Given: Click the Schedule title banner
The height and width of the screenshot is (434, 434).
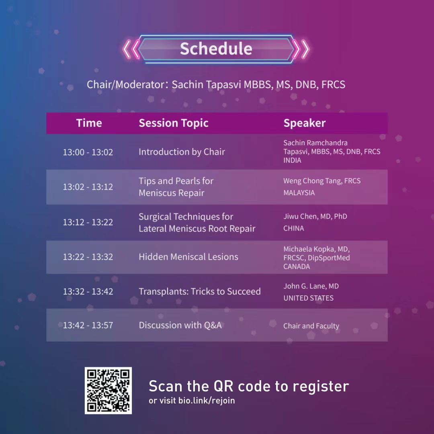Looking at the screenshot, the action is (x=216, y=49).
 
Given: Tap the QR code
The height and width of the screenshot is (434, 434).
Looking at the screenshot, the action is (x=108, y=391).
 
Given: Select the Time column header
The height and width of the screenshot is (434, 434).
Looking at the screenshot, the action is (x=89, y=123).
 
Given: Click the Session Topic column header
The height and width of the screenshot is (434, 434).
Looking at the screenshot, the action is (x=174, y=123).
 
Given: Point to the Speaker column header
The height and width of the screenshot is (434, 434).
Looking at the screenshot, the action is (x=305, y=123).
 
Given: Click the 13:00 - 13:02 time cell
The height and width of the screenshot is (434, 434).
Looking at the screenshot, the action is (x=88, y=152).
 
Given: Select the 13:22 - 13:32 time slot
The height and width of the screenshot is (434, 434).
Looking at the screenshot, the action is (x=88, y=257).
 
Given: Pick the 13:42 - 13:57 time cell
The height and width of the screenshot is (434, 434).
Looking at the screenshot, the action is (x=88, y=325).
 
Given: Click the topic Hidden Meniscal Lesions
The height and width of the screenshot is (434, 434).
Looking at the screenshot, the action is (x=188, y=257).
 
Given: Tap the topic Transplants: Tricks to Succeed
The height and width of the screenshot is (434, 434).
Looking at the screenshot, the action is (x=200, y=291).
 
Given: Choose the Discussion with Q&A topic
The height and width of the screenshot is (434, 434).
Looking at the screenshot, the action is (x=180, y=325).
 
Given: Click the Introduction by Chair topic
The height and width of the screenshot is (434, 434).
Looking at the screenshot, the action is (x=182, y=152).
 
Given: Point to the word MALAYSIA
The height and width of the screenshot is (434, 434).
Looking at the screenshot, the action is (x=299, y=193).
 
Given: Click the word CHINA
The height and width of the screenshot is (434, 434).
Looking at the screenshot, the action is (x=294, y=228).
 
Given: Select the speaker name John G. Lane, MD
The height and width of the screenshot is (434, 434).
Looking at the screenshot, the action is (x=311, y=286).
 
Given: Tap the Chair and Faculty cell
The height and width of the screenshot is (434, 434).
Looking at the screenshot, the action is (x=311, y=326).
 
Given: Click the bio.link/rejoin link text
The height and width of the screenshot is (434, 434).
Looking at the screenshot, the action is (x=207, y=401).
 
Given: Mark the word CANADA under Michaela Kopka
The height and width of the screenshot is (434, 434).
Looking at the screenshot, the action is (x=297, y=266).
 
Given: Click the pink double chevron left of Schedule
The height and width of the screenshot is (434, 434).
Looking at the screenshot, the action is (x=131, y=49).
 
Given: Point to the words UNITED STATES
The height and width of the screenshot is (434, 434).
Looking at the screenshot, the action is (x=308, y=298).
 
